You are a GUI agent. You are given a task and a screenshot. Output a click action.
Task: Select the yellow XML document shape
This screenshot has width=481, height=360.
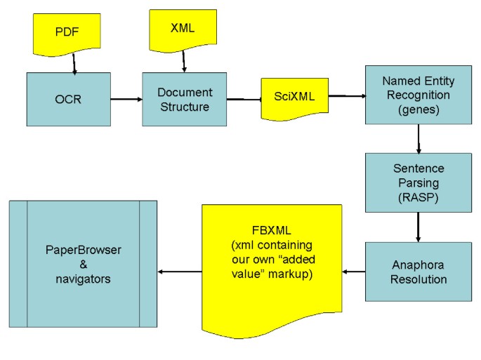(183, 29)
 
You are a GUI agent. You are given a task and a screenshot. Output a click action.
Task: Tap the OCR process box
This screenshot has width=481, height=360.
(68, 99)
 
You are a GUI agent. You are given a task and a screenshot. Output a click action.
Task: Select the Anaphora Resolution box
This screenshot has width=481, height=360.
(418, 271)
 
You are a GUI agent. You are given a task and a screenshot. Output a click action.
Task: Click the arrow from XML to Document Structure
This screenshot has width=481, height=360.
(183, 60)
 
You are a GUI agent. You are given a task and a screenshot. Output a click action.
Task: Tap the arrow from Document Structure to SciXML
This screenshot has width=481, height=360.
(243, 100)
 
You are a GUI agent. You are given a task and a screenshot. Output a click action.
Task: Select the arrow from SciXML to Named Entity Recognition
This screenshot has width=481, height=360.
(346, 95)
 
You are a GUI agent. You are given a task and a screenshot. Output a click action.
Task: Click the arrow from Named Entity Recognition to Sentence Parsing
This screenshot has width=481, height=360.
(419, 139)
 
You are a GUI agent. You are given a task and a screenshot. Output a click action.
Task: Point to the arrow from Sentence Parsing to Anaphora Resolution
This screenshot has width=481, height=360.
(419, 227)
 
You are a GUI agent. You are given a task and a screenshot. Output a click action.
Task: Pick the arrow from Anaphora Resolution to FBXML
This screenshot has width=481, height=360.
(353, 271)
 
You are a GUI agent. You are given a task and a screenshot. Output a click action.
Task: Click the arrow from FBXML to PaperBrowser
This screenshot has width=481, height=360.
(179, 271)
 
